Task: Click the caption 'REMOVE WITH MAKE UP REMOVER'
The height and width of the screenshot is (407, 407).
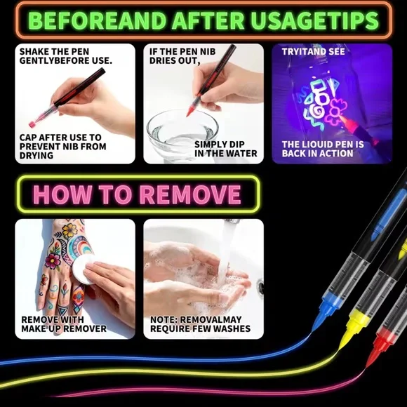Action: pos(64,323)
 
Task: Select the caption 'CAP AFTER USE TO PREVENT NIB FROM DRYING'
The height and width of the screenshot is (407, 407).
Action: pos(63,146)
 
